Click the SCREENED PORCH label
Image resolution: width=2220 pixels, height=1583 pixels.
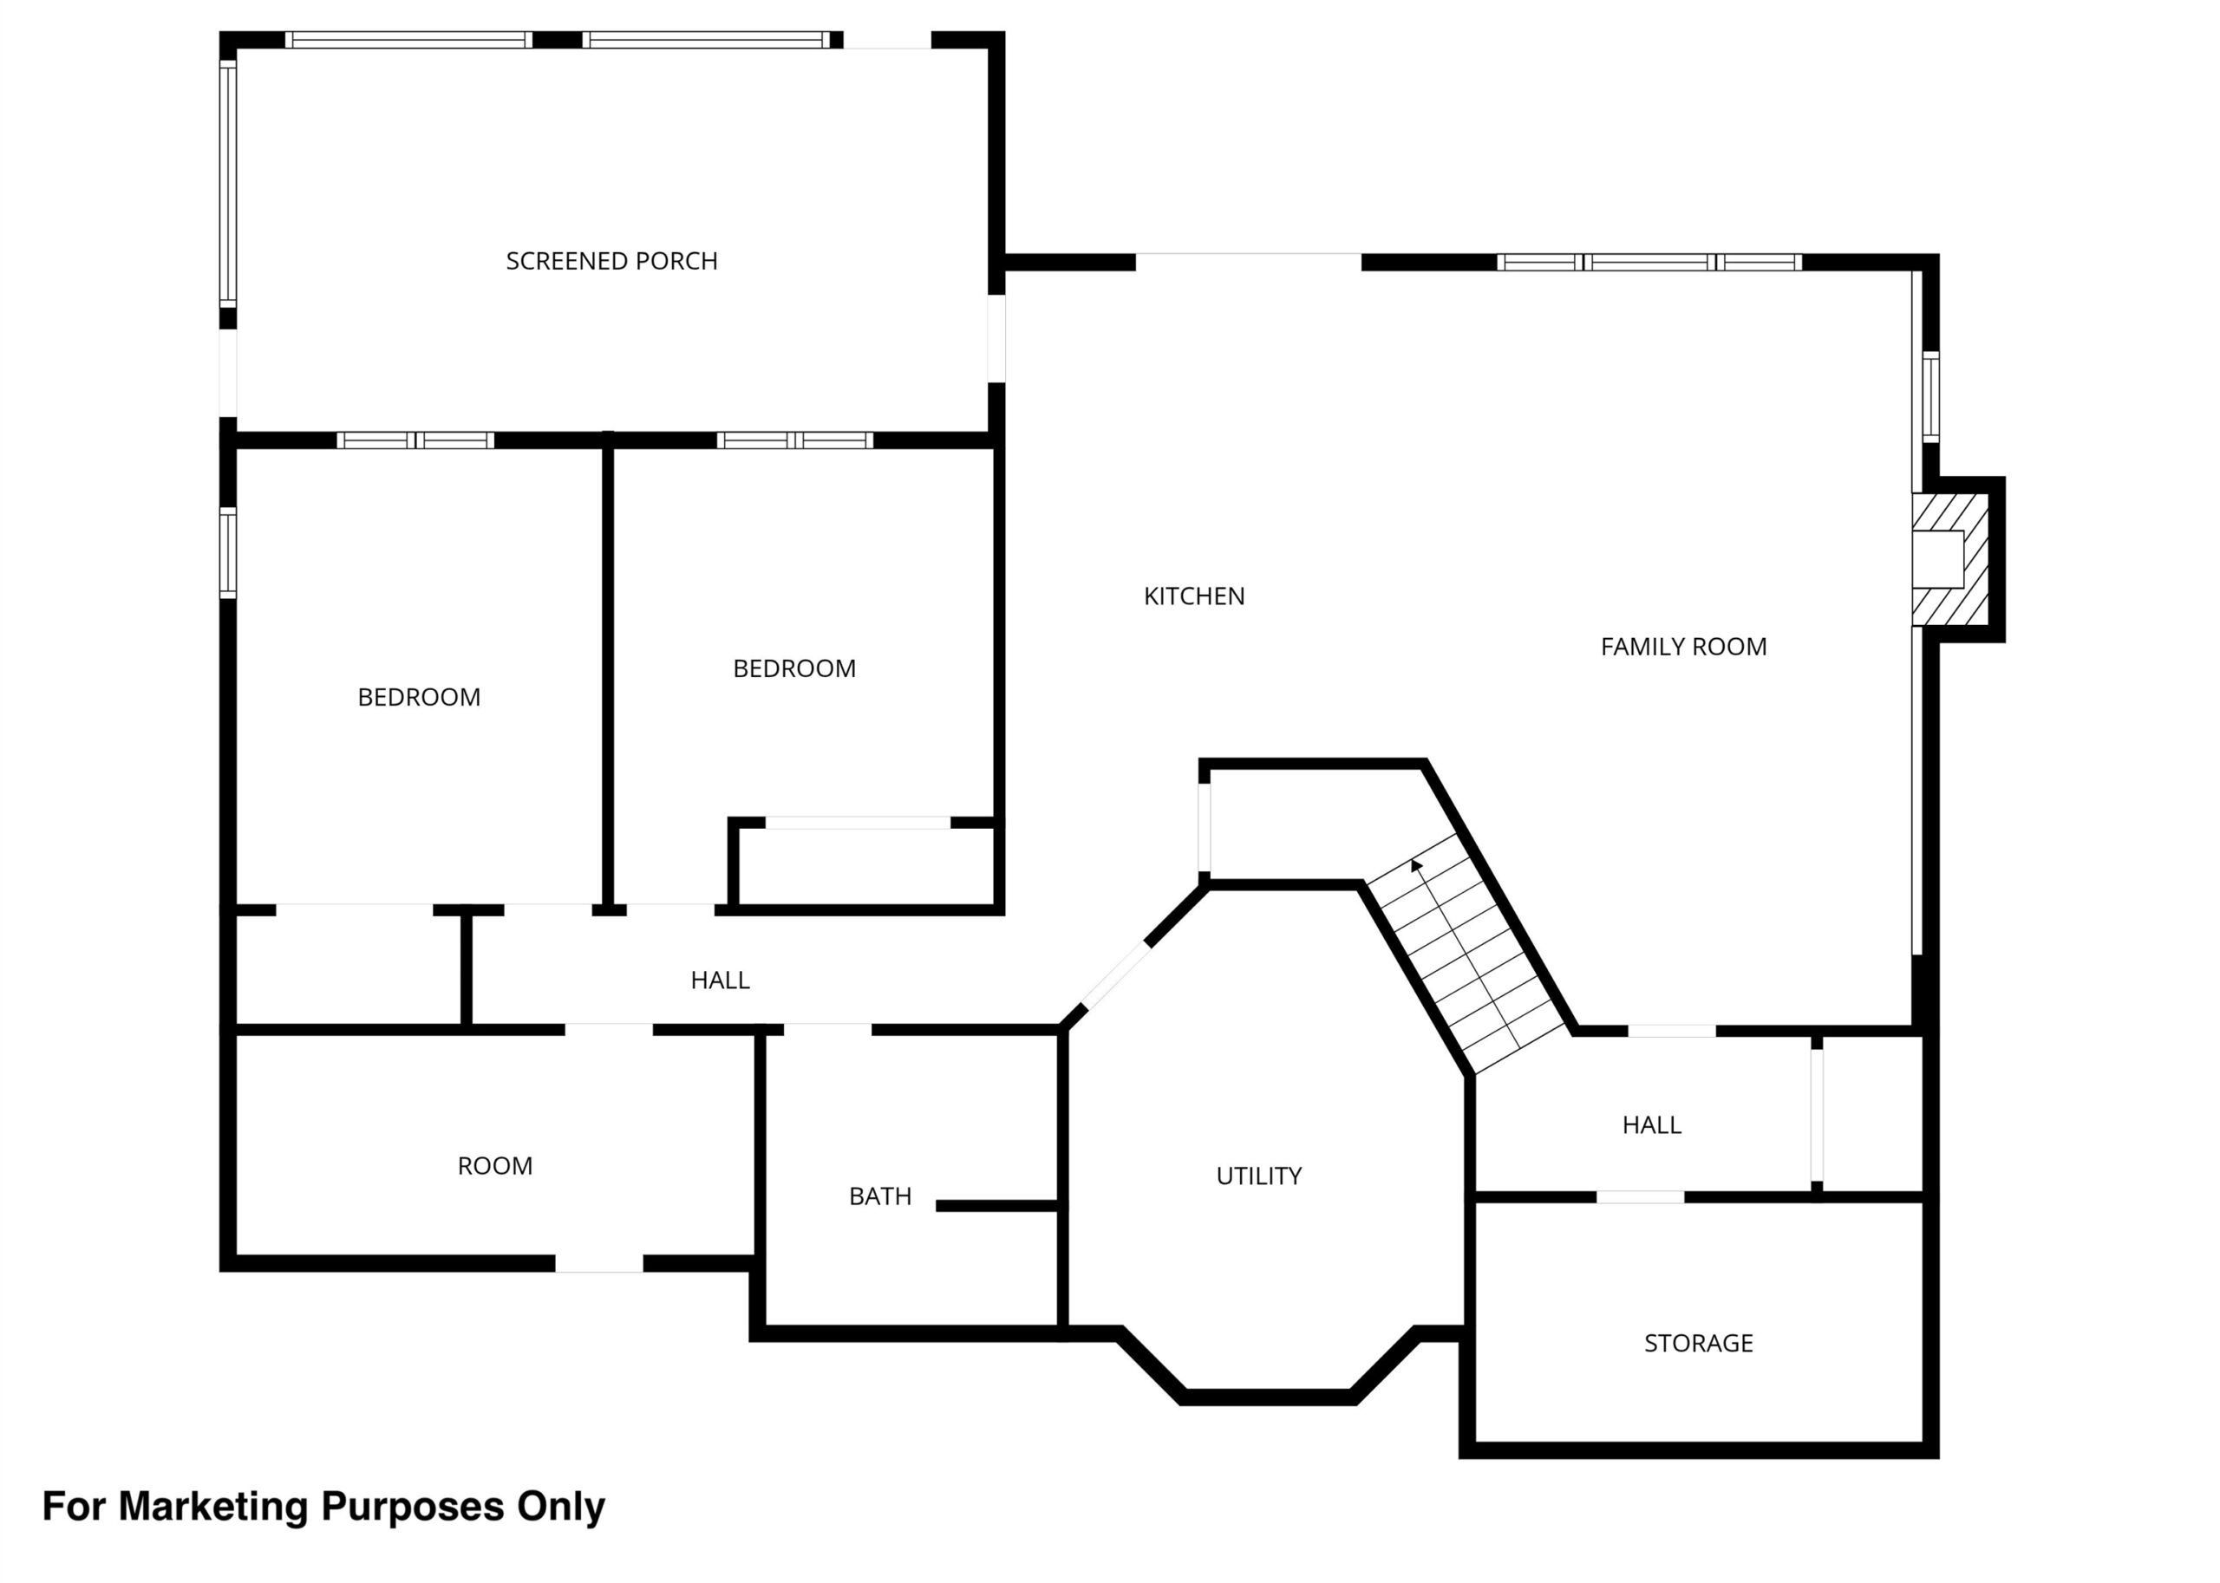coord(611,261)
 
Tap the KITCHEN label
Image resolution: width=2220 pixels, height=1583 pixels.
coord(1193,596)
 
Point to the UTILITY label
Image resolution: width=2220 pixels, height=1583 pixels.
coord(1258,1176)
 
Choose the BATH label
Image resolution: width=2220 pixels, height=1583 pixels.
coord(880,1197)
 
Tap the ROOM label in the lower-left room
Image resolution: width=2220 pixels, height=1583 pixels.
coord(495,1167)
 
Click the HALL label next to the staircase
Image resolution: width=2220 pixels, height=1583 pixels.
coord(1652,1126)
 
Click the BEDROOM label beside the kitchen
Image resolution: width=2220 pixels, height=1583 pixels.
coord(794,669)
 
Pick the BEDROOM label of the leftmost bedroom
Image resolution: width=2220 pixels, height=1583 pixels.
coord(419,698)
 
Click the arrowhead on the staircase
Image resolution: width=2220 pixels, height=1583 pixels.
coord(1415,865)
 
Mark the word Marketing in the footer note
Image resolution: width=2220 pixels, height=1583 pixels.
coord(213,1507)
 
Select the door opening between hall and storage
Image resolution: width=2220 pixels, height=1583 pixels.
coord(1640,1197)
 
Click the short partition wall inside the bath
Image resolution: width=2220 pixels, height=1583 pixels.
coord(997,1207)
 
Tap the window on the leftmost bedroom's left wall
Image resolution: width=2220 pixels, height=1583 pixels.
coord(227,553)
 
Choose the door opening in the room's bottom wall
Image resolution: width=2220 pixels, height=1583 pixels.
coord(598,1264)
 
